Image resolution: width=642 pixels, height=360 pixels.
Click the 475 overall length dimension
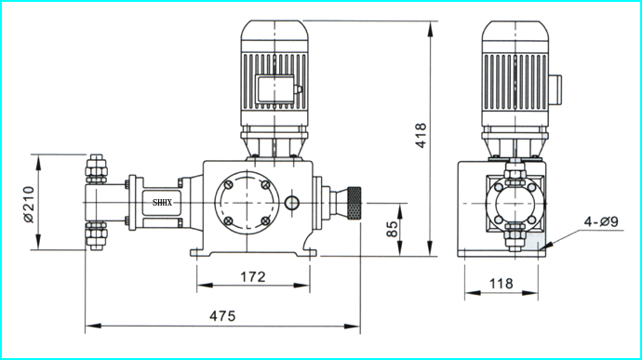click(x=222, y=316)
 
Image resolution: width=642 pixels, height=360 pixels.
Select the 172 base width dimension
click(x=253, y=277)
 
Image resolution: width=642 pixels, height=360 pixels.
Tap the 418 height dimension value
click(x=421, y=135)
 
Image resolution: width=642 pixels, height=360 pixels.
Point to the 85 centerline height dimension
click(x=392, y=229)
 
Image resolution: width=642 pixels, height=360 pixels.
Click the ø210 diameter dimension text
click(x=28, y=205)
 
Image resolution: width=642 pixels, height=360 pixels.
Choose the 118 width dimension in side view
click(x=502, y=284)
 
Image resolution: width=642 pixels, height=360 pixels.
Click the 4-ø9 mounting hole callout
click(x=601, y=222)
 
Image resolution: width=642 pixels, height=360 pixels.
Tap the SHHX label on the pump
click(x=162, y=202)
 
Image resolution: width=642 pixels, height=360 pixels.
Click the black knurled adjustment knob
click(x=354, y=203)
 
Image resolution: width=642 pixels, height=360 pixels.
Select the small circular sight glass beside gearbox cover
click(x=292, y=202)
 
